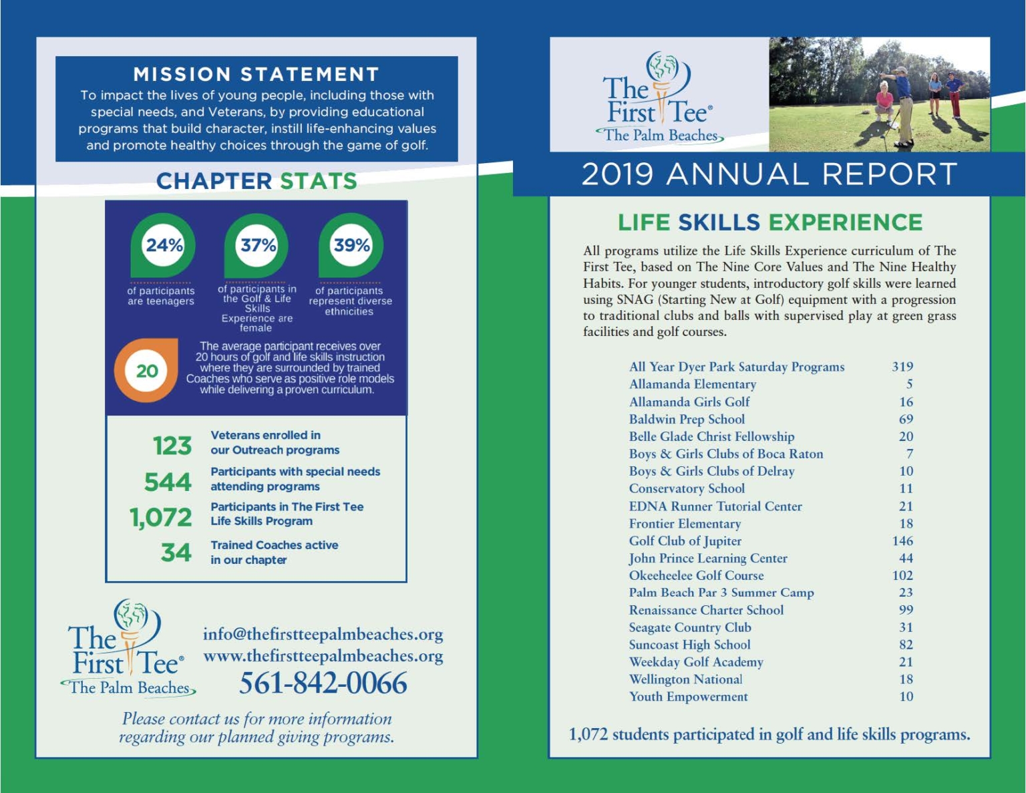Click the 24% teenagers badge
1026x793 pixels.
point(164,245)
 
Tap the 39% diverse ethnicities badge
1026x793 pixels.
point(351,245)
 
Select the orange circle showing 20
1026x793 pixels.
point(147,371)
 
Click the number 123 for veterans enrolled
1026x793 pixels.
point(172,446)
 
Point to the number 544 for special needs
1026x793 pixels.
point(168,482)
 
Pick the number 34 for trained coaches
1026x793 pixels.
point(176,552)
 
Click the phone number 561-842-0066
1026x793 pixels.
point(323,683)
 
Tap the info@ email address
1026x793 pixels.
point(323,634)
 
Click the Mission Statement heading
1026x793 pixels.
point(256,74)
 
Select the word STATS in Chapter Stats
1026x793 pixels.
point(319,181)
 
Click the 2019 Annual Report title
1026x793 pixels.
point(769,174)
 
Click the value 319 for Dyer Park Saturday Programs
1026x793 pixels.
point(902,367)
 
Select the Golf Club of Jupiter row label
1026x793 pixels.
point(685,541)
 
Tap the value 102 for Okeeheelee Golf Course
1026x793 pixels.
point(902,576)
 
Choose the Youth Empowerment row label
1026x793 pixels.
point(688,697)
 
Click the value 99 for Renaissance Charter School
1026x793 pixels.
point(906,610)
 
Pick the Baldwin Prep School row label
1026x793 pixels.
point(687,420)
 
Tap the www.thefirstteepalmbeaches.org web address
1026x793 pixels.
point(323,656)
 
